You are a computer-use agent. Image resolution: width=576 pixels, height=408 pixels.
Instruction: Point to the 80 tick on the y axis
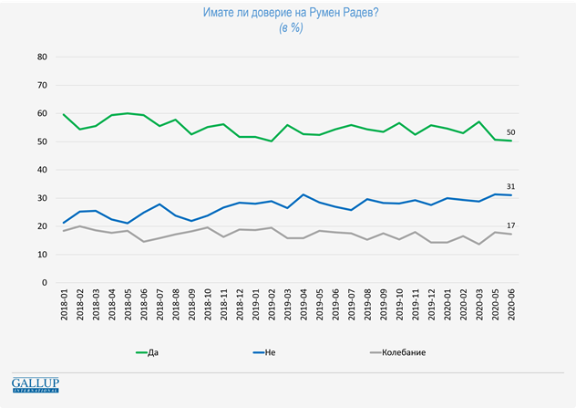[40, 57]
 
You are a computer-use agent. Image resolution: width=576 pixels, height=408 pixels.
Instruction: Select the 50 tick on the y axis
[40, 141]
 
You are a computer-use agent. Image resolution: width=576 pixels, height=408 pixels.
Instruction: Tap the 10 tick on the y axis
[40, 255]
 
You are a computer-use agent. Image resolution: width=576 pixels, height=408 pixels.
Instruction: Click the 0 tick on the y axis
[43, 283]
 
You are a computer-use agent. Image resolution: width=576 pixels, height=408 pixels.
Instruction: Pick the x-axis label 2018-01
[65, 309]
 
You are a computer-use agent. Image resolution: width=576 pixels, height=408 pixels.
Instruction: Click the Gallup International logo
[35, 384]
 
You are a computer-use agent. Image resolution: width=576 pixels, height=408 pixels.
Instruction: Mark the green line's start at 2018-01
[64, 114]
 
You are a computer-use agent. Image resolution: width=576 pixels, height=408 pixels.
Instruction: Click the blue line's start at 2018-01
[64, 223]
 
